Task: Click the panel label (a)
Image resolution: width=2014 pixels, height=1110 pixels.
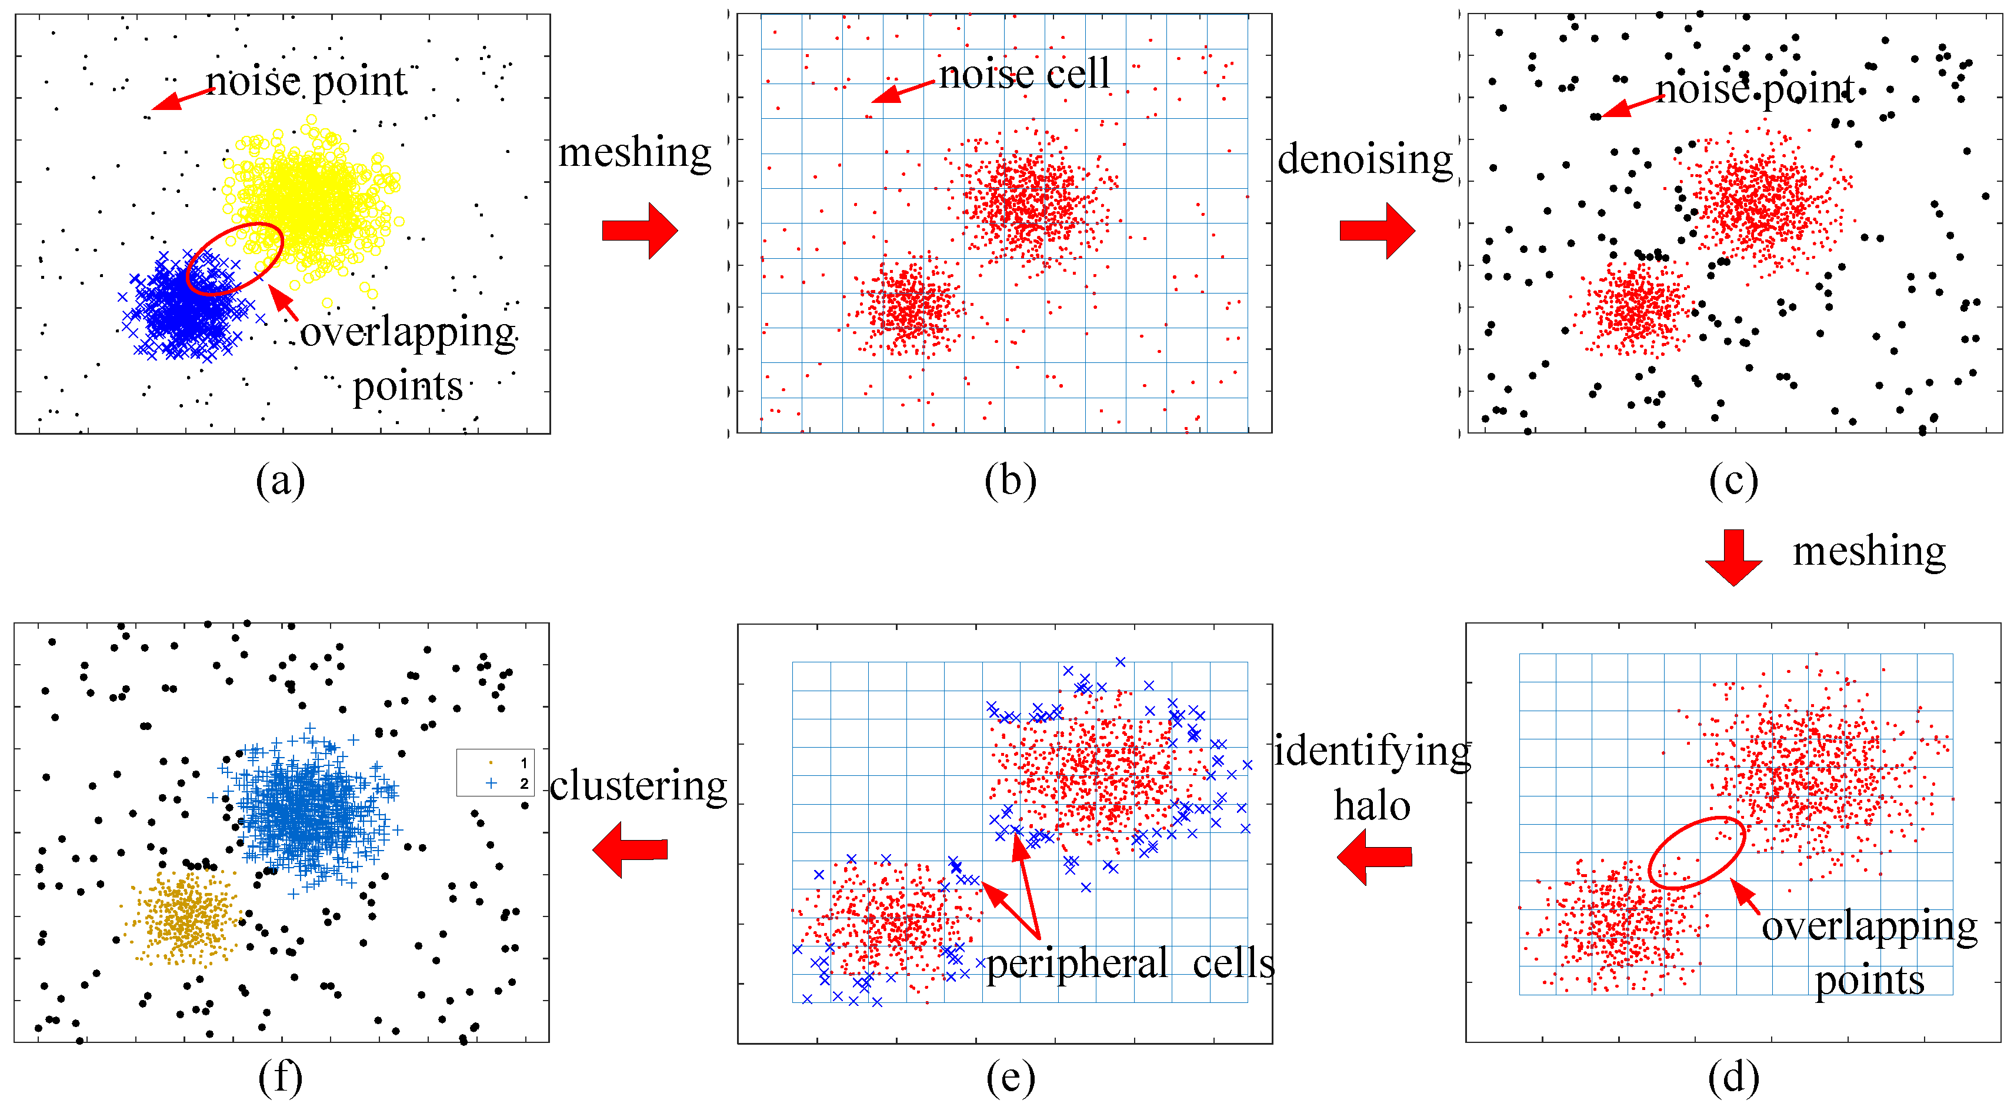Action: [x=280, y=481]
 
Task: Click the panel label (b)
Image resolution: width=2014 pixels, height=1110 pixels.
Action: [x=1010, y=481]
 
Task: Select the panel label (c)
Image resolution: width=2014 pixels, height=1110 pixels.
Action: [x=1733, y=481]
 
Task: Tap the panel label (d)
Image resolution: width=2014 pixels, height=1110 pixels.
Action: [x=1733, y=1078]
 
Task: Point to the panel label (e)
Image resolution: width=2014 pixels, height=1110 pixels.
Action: [x=1010, y=1078]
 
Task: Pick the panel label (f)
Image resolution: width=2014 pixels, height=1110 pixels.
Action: [x=280, y=1078]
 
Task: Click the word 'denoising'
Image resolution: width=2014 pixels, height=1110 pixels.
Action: [x=1364, y=160]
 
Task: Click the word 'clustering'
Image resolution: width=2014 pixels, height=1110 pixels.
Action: [x=638, y=786]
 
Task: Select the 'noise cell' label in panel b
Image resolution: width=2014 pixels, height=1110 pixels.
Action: [x=1023, y=74]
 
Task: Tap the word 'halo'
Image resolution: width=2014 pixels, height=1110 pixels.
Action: [x=1372, y=806]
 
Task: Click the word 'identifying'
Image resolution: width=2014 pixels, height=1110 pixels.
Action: [x=1372, y=752]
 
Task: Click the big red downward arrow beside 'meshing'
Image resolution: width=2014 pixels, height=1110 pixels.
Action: [x=1733, y=556]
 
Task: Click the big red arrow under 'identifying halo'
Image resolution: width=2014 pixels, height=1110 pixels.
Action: [x=1373, y=856]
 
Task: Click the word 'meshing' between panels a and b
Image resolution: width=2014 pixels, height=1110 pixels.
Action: [x=634, y=152]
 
